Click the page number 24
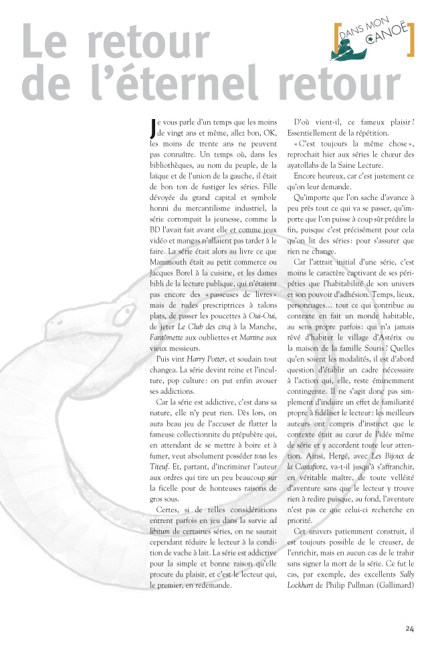[x=409, y=628]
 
